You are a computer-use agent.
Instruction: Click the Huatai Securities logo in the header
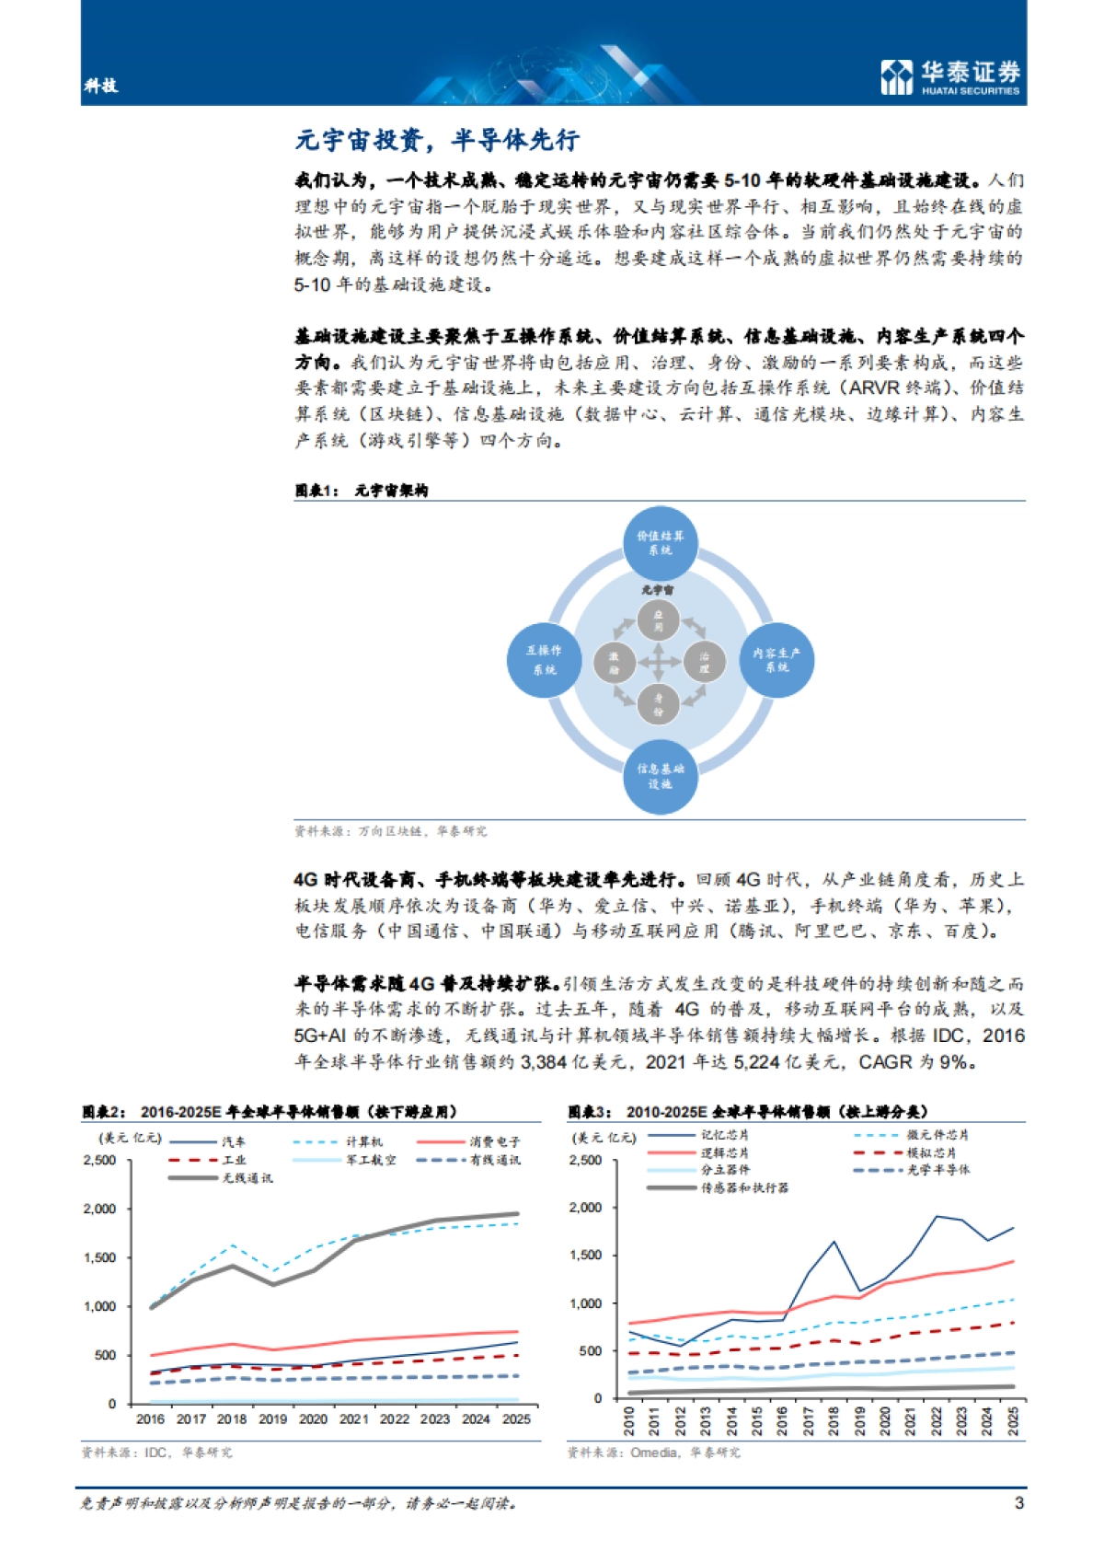pyautogui.click(x=950, y=76)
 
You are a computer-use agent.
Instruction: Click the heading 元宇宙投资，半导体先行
pyautogui.click(x=436, y=140)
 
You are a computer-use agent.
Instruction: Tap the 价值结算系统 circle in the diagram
pyautogui.click(x=660, y=543)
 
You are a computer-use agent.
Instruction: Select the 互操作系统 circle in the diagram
pyautogui.click(x=544, y=659)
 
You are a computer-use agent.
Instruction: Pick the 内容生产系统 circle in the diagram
pyautogui.click(x=776, y=659)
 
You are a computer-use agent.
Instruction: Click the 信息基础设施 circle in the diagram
pyautogui.click(x=660, y=776)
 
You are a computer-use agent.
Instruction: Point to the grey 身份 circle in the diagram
pyautogui.click(x=658, y=704)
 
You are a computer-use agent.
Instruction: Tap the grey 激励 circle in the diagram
pyautogui.click(x=614, y=661)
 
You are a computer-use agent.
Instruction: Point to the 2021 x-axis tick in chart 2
pyautogui.click(x=353, y=1418)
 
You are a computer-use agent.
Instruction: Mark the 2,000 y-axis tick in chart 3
pyautogui.click(x=585, y=1208)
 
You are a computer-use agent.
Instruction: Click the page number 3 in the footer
pyautogui.click(x=1018, y=1503)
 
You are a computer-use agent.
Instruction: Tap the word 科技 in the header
pyautogui.click(x=100, y=86)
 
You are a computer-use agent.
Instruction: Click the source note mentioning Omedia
pyautogui.click(x=653, y=1453)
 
